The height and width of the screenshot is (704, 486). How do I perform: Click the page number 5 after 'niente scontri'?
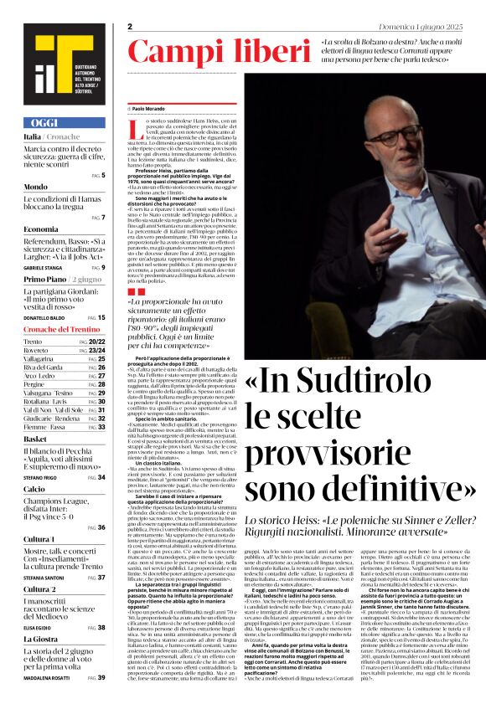(103, 175)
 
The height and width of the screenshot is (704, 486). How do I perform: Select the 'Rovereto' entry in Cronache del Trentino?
(39, 351)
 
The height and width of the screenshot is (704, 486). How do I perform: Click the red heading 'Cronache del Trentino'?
(60, 330)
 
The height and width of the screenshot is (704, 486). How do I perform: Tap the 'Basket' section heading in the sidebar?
(35, 439)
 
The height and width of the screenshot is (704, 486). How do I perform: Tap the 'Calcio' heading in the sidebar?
(34, 488)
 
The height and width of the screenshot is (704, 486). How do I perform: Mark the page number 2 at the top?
(131, 27)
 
